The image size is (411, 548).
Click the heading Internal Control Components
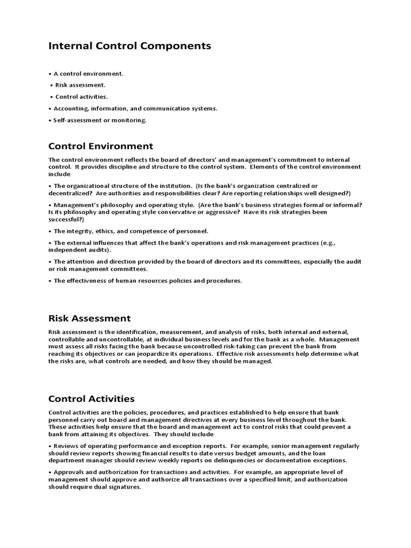pyautogui.click(x=130, y=46)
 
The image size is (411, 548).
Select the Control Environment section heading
pyautogui.click(x=101, y=146)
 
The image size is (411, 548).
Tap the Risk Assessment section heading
pyautogui.click(x=89, y=318)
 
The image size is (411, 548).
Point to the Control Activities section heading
pyautogui.click(x=92, y=399)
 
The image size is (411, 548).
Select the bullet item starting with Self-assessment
pyautogui.click(x=100, y=120)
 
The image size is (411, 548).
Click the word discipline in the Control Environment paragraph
pyautogui.click(x=124, y=166)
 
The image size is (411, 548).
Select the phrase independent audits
pyautogui.click(x=79, y=250)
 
